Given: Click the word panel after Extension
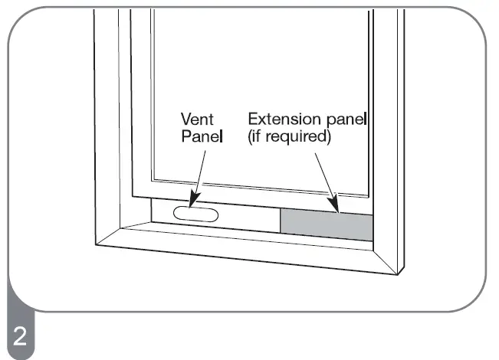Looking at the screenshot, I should pyautogui.click(x=344, y=119).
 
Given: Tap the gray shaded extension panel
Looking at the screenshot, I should pyautogui.click(x=327, y=224).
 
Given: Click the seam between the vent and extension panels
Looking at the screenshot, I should pyautogui.click(x=281, y=221).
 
